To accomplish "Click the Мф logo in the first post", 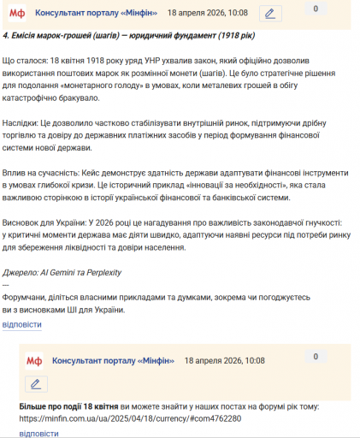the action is (17, 14).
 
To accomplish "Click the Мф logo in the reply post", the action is (34, 362).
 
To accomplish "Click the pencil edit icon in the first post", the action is (270, 14).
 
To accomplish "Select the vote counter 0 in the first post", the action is (316, 9).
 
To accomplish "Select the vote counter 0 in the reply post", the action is (316, 356).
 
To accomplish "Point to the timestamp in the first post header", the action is (208, 14).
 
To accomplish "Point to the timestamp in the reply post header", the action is (225, 362).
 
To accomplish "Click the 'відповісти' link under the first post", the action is (21, 325).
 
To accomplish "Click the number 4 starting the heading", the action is (6, 38).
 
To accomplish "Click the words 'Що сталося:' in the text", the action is (27, 65).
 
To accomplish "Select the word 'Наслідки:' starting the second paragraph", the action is (24, 123).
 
